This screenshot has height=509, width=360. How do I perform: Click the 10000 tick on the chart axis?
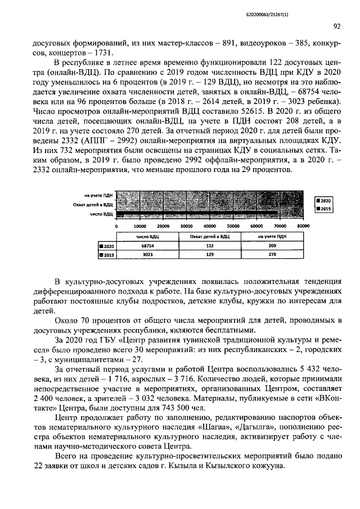click(x=139, y=226)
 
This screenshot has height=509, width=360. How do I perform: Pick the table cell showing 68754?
click(x=147, y=246)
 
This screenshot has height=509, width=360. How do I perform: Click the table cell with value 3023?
click(x=147, y=255)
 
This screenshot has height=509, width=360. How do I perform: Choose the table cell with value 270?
click(x=272, y=255)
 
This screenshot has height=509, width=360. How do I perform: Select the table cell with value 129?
click(x=210, y=255)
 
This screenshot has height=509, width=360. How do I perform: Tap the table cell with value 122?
click(x=210, y=246)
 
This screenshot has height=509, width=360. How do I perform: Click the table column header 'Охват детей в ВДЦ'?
click(x=210, y=237)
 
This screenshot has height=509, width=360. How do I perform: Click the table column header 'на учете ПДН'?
click(x=272, y=237)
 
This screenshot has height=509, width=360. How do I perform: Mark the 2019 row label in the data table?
click(x=106, y=255)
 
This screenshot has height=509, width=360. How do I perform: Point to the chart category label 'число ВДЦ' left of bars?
click(x=102, y=214)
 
